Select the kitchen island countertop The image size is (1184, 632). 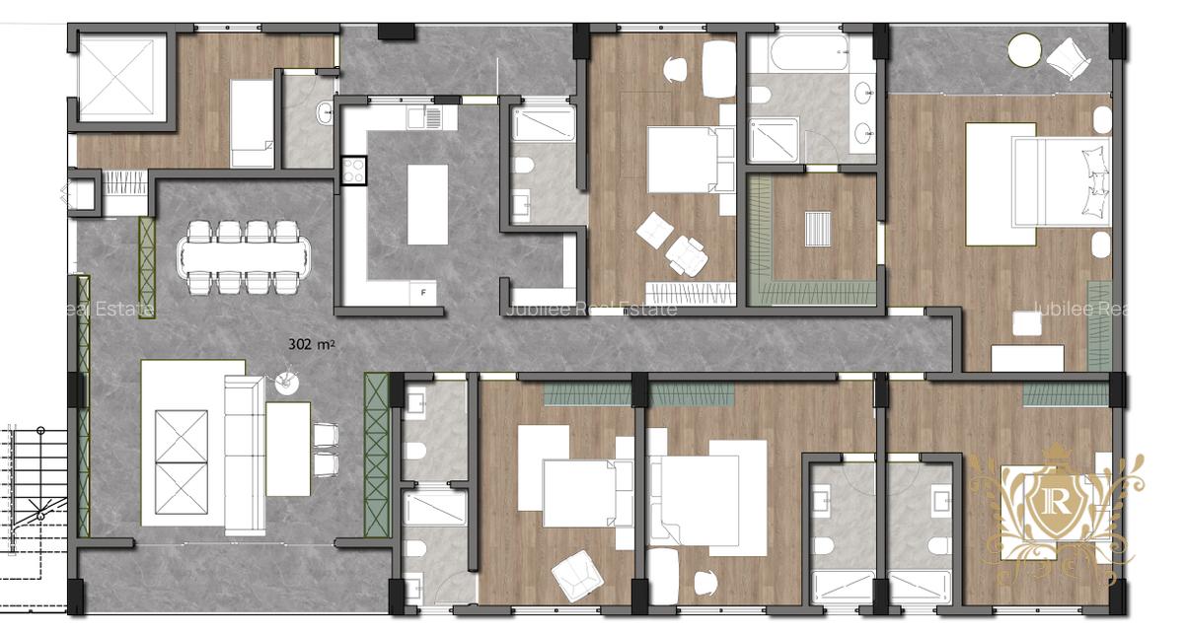pyautogui.click(x=427, y=204)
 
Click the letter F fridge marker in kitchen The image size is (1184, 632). pyautogui.click(x=423, y=293)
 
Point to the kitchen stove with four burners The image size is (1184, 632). pyautogui.click(x=353, y=173)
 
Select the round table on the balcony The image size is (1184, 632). pyautogui.click(x=1025, y=50)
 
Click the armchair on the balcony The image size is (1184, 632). pyautogui.click(x=1066, y=57)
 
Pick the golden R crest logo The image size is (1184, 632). pyautogui.click(x=1053, y=503)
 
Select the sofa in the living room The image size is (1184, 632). pyautogui.click(x=242, y=454)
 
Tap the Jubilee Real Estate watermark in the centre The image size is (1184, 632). pyautogui.click(x=590, y=310)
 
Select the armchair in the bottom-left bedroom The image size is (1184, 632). pyautogui.click(x=577, y=577)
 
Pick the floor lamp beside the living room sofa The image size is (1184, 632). pyautogui.click(x=288, y=378)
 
